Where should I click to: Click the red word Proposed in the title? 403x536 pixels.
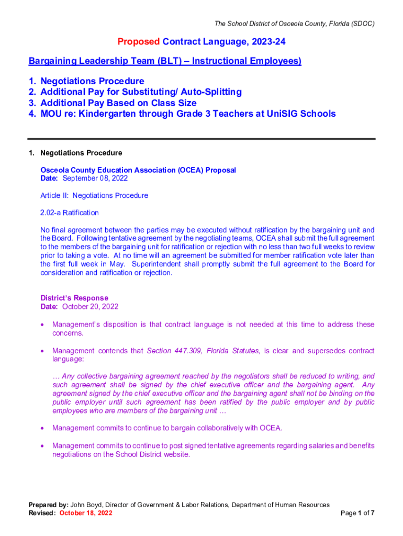[139, 41]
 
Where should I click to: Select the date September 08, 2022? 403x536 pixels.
[95, 178]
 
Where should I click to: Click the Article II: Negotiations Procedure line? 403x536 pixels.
[94, 196]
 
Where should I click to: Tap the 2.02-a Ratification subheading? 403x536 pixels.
[70, 213]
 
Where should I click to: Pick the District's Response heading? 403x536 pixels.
[74, 298]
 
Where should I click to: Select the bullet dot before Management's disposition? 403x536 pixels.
[43, 325]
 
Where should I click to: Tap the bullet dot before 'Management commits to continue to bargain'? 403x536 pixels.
[43, 429]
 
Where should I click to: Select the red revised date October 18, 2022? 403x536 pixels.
[86, 513]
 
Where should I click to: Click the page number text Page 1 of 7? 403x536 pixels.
[357, 513]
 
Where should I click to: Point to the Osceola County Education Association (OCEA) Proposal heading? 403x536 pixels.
[138, 170]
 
